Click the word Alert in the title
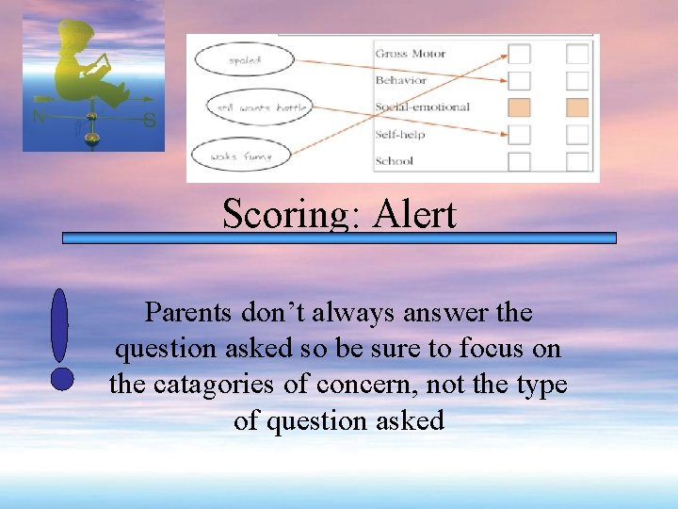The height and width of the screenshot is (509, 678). point(414,215)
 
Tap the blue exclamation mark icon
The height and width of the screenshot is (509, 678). point(61,339)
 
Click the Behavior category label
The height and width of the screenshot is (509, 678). point(400,80)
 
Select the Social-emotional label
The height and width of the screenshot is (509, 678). point(422,107)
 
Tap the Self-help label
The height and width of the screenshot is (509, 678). point(400,134)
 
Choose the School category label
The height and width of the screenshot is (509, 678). point(394,160)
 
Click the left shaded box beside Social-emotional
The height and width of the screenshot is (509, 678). point(519,107)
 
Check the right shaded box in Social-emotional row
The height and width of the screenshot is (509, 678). point(577,107)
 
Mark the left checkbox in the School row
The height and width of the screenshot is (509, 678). point(519,161)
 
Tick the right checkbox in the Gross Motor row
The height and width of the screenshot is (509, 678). point(577,55)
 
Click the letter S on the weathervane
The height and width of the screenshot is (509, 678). point(150,120)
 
